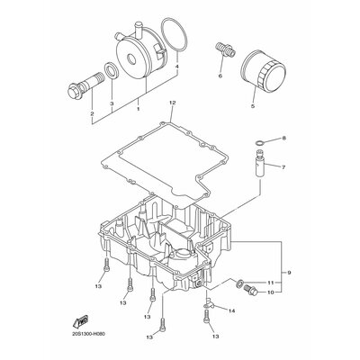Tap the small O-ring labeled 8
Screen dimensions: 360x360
click(259, 142)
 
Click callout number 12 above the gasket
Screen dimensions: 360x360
click(172, 103)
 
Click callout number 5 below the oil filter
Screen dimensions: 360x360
click(253, 105)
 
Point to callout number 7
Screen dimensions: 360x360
click(282, 166)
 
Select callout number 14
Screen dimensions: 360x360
click(231, 310)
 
